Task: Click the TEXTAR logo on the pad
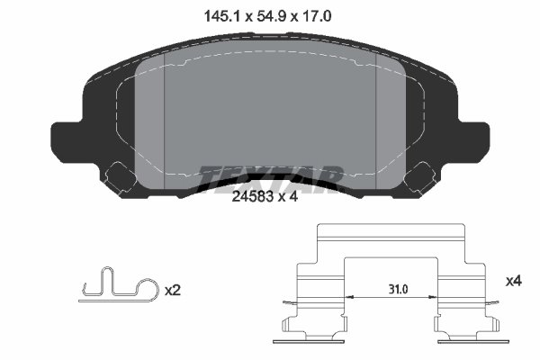click(270, 176)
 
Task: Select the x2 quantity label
click(175, 291)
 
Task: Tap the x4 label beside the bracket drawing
click(514, 282)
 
